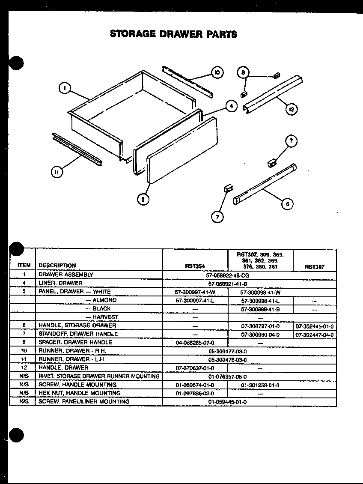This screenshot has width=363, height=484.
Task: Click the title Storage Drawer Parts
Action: tap(173, 34)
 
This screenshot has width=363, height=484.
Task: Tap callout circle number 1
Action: tap(64, 89)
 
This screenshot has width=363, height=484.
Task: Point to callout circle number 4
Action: tap(231, 105)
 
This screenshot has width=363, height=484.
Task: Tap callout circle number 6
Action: tap(287, 204)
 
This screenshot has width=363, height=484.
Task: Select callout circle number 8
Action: tap(243, 73)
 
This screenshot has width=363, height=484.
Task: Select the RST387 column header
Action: tap(314, 266)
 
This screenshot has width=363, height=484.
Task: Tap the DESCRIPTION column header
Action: tap(57, 266)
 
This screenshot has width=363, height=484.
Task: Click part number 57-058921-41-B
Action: tap(228, 283)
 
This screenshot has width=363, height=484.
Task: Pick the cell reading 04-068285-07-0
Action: tap(195, 343)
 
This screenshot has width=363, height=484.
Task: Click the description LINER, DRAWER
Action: tap(60, 283)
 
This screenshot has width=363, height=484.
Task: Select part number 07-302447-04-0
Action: tap(314, 335)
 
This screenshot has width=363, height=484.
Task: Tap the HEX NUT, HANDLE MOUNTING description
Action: tap(80, 393)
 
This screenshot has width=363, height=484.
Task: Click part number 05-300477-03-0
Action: tap(228, 351)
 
